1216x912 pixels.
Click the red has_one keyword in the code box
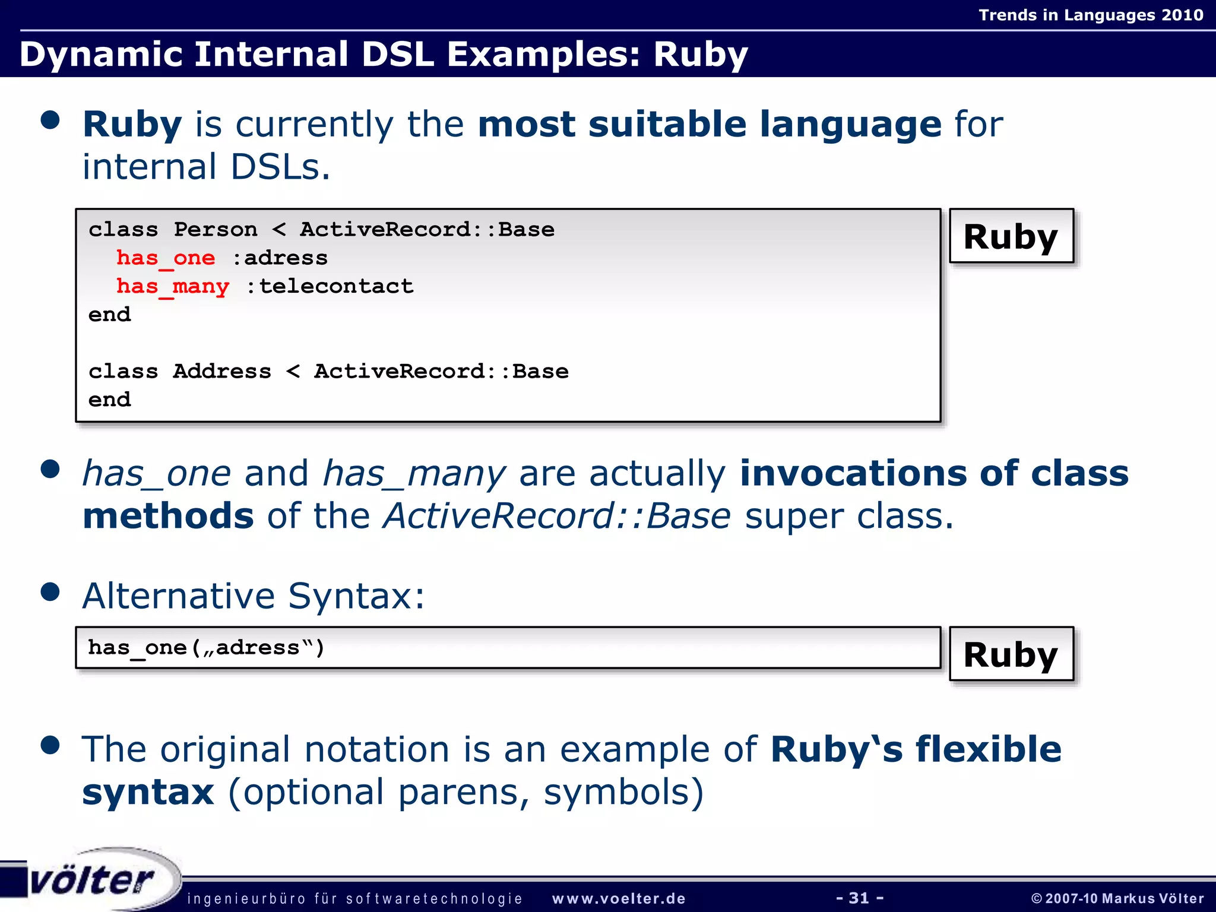(x=166, y=258)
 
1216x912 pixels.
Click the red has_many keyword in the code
(x=173, y=287)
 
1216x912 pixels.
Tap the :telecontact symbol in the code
(x=330, y=287)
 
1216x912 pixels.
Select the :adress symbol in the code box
(x=280, y=258)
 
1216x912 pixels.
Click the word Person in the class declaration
(x=216, y=230)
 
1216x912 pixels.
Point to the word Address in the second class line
(x=222, y=372)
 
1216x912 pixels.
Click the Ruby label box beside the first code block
(x=1011, y=236)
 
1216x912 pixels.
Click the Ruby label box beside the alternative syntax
(x=1011, y=654)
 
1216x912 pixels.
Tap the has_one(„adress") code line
(x=206, y=648)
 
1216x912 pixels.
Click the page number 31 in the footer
(x=859, y=898)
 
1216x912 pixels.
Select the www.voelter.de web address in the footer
(x=619, y=899)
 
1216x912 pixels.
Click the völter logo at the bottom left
(x=92, y=881)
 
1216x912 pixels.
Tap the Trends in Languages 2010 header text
(x=1091, y=15)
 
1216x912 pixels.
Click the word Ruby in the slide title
(x=701, y=55)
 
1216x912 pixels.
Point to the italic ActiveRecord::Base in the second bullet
(x=557, y=516)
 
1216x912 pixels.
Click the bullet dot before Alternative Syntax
(x=50, y=592)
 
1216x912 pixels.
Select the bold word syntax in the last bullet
(x=148, y=792)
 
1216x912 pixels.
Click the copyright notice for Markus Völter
(x=1117, y=898)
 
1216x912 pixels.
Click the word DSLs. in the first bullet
(x=280, y=167)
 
